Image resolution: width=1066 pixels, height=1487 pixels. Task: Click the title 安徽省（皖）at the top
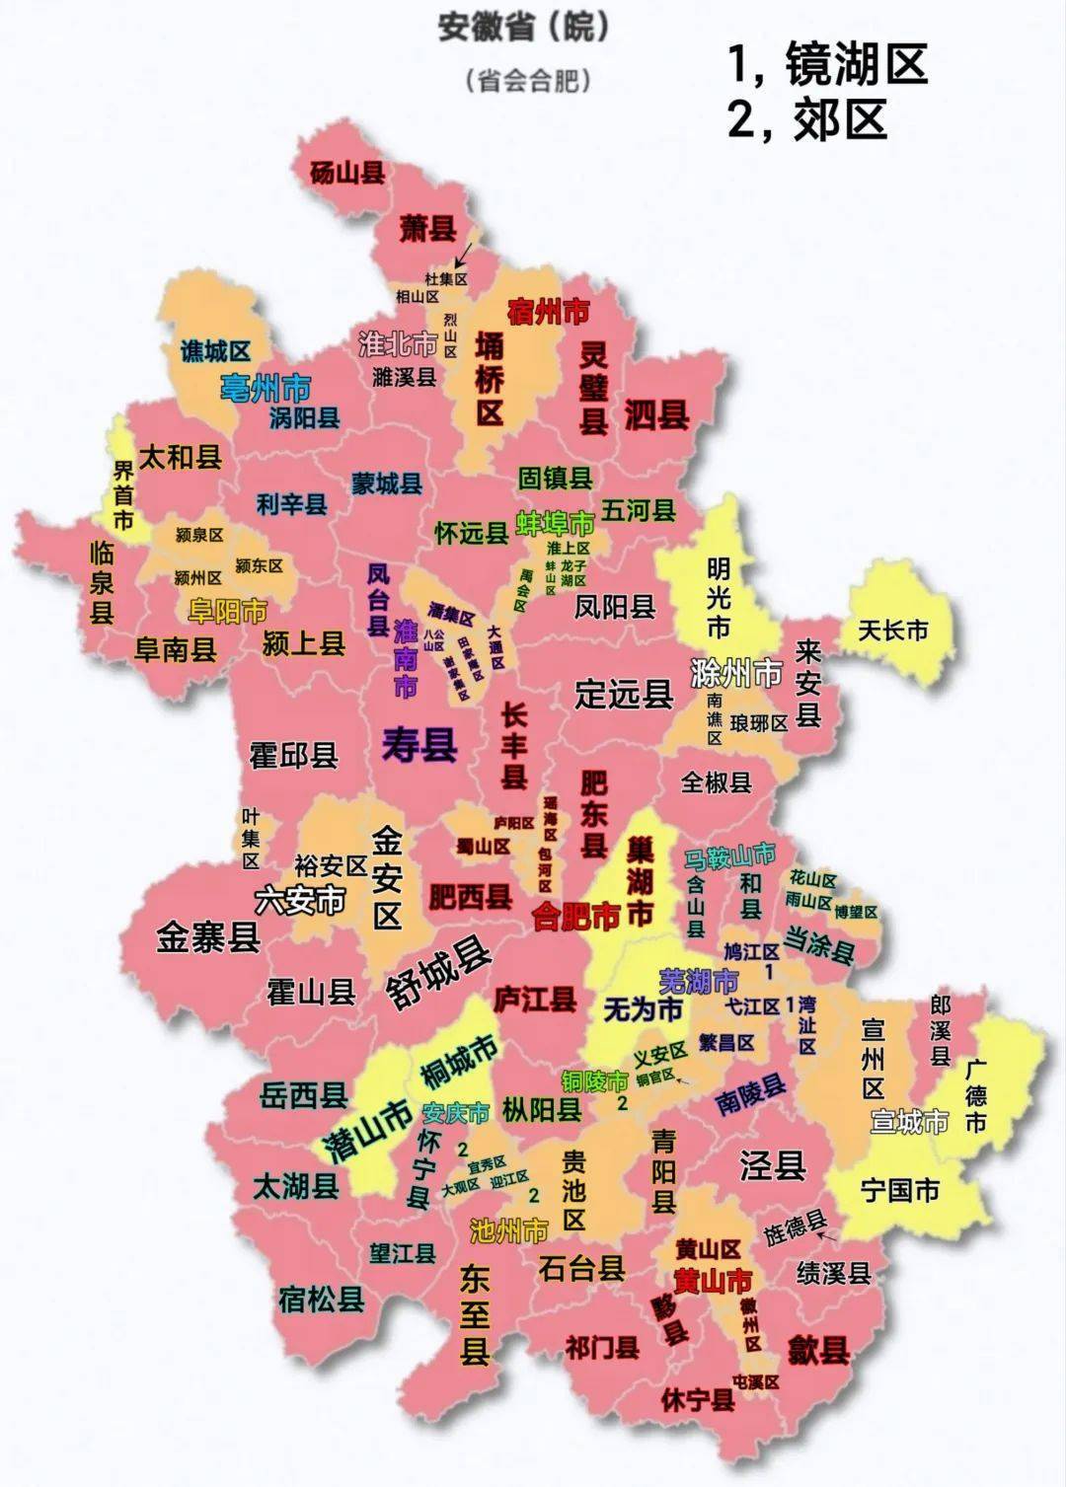click(523, 28)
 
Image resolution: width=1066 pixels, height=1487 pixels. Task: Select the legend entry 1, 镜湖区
click(827, 65)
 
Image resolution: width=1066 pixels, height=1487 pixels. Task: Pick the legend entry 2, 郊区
click(807, 119)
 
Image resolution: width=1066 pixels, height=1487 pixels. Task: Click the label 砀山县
click(347, 174)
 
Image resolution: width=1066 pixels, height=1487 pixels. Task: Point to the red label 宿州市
click(548, 313)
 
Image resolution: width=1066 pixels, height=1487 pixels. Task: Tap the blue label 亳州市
click(266, 386)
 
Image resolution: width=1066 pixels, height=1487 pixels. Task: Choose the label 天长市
click(893, 629)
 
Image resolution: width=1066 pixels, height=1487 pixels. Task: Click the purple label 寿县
click(419, 744)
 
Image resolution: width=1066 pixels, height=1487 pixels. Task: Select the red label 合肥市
click(575, 917)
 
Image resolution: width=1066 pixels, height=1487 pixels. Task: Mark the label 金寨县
click(208, 936)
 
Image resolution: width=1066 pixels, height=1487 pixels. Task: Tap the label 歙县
click(819, 1348)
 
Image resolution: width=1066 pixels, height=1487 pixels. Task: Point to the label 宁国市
click(900, 1190)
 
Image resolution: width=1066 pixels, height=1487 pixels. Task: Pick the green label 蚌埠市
click(556, 522)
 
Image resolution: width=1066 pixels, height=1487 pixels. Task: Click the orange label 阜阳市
click(228, 611)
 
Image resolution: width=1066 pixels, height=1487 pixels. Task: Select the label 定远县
click(624, 694)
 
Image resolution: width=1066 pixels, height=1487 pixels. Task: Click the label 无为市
click(644, 1008)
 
